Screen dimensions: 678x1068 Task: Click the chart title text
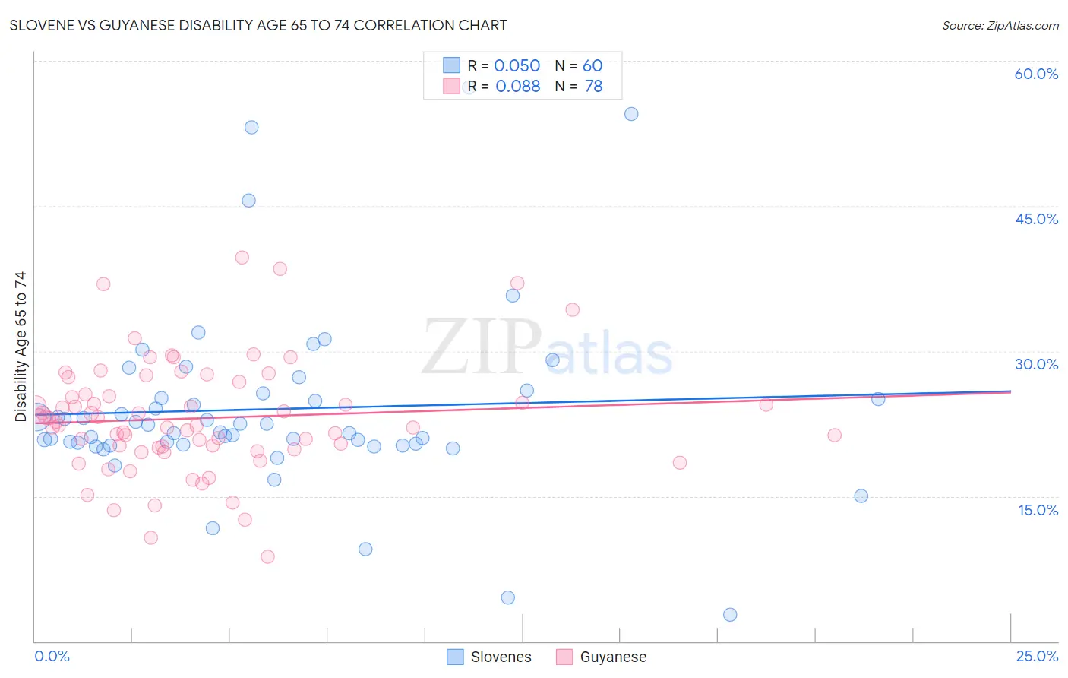(258, 25)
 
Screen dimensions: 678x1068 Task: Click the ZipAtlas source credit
(1000, 25)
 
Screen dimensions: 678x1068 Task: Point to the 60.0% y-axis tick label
(1036, 74)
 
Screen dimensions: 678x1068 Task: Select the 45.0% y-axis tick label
(1036, 219)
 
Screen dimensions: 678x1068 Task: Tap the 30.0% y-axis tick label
(1036, 364)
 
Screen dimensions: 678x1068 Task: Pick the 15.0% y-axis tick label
(1038, 510)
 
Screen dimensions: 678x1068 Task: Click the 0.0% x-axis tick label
(52, 656)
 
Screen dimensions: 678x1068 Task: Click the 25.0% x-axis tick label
(1037, 656)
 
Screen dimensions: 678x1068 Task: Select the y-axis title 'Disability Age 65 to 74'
(21, 346)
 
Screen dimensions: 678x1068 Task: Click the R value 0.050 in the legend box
(517, 65)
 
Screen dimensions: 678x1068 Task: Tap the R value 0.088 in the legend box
(517, 86)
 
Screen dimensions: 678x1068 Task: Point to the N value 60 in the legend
(592, 65)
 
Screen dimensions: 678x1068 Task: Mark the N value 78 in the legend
(593, 86)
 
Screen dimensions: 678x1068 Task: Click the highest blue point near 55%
(631, 114)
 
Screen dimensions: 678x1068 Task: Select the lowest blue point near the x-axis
(730, 614)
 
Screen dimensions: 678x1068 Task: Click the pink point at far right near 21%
(834, 435)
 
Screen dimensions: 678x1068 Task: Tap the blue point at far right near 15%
(861, 496)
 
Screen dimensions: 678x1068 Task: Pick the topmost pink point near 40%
(242, 257)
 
